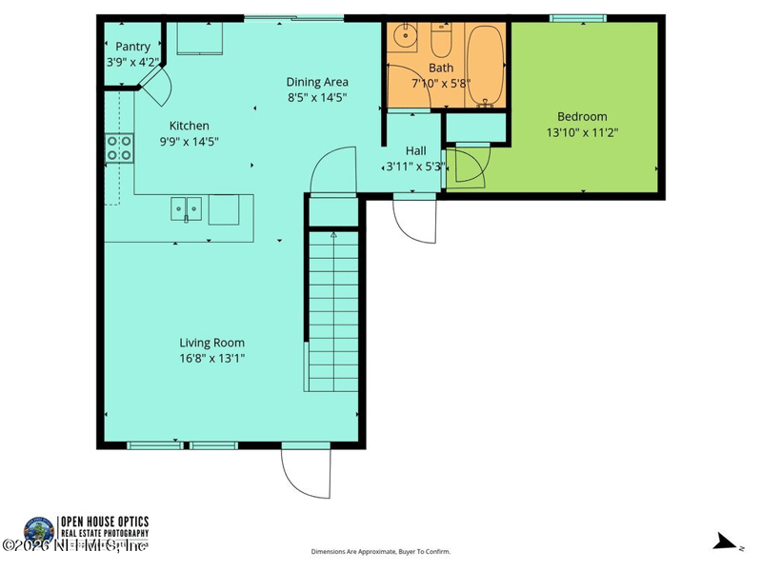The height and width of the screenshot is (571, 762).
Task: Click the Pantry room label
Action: (x=132, y=46)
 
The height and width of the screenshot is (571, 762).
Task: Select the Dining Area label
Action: (x=317, y=82)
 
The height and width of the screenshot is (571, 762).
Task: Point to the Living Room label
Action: (x=211, y=343)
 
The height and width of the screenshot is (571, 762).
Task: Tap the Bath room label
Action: (x=441, y=68)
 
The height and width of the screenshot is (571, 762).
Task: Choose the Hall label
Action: (x=415, y=150)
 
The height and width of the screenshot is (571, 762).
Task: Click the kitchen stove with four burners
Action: (x=119, y=148)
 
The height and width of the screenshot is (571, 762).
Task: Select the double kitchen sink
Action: (x=186, y=208)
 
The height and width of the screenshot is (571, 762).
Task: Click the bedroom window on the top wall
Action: (x=578, y=17)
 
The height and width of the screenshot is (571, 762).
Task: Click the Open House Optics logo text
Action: (x=105, y=526)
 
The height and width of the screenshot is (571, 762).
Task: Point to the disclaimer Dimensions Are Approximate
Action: (x=381, y=551)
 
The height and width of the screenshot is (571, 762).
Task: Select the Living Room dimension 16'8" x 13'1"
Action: (x=211, y=359)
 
